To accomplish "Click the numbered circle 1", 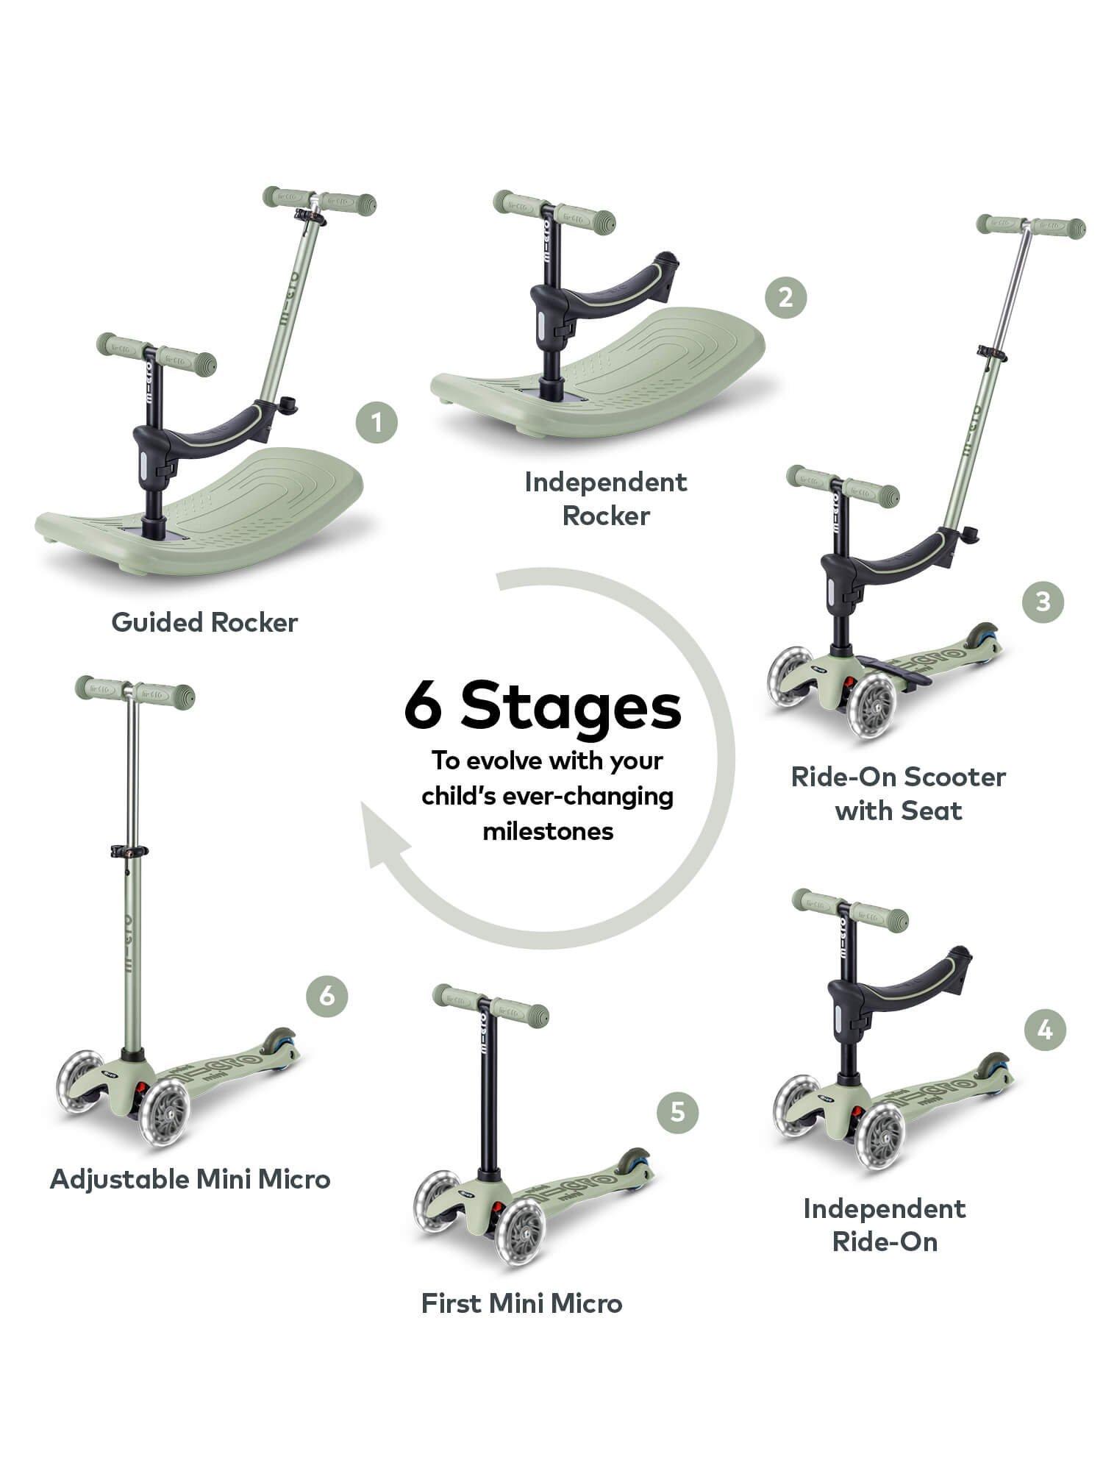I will tap(376, 423).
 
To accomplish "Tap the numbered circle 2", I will tap(785, 297).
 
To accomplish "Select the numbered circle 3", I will tap(1043, 602).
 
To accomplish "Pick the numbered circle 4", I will tap(1045, 1030).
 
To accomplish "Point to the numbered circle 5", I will tap(677, 1111).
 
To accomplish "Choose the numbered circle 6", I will tap(326, 996).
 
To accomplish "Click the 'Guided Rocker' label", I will tap(204, 622).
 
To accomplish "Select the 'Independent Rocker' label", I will tap(606, 499).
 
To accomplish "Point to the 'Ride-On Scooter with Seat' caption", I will tap(898, 794).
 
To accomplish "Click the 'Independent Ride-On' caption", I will tap(885, 1225).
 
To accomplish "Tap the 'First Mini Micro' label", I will tap(521, 1303).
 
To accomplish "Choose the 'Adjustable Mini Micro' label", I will tap(190, 1179).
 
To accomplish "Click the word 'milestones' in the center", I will tap(548, 831).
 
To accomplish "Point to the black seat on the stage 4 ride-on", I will tap(912, 978).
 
